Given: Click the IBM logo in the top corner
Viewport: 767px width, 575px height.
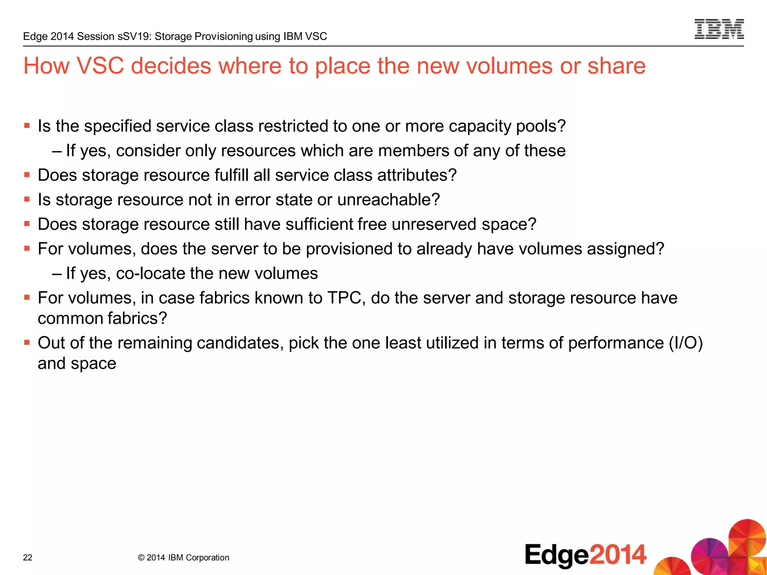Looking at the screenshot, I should tap(719, 29).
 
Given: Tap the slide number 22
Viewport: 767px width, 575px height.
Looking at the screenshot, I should tap(28, 557).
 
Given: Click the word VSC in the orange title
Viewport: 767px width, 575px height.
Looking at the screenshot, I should tap(100, 66).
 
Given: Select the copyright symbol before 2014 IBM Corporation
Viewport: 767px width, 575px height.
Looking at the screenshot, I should tap(141, 557).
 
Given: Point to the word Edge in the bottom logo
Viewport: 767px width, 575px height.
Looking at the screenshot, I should tap(557, 555).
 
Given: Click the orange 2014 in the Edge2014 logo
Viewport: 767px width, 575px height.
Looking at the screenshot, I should tap(618, 554).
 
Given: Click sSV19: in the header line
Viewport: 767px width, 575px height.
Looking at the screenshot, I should tap(134, 36).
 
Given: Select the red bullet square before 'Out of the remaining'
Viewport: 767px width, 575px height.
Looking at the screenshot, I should tap(27, 342).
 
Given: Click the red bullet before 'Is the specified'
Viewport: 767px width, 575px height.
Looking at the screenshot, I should tap(27, 125).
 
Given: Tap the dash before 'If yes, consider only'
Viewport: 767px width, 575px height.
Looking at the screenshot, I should tap(57, 151).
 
